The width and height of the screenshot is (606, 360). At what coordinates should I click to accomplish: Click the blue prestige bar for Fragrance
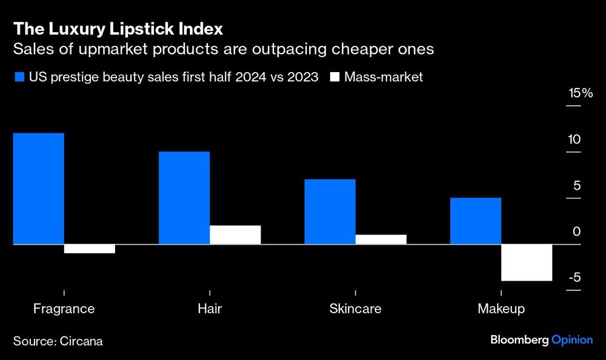38,188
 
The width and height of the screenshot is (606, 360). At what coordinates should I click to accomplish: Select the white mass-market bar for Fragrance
89,248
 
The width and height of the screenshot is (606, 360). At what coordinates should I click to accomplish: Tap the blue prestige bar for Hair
184,198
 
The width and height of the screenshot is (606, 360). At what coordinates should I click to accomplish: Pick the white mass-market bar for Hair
235,235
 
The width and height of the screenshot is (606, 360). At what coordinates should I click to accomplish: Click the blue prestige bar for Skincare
330,212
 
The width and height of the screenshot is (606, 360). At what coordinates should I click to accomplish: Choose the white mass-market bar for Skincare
381,239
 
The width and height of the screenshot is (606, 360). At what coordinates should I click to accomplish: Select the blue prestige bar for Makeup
475,221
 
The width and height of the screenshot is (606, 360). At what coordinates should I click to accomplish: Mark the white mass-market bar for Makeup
527,262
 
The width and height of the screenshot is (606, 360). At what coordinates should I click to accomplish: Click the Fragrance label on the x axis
64,308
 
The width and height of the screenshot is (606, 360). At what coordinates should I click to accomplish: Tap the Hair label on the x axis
210,308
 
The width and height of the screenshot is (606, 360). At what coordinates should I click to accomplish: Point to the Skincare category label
355,308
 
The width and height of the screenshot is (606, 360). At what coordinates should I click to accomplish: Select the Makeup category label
501,308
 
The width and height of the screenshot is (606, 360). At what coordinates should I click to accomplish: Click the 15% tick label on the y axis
580,93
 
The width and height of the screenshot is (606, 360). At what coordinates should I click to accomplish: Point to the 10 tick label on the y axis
574,139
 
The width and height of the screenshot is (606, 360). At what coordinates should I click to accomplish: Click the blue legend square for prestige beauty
18,77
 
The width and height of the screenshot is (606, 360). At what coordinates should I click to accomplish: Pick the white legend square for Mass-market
335,77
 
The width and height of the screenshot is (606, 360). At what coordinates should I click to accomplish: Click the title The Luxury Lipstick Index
118,28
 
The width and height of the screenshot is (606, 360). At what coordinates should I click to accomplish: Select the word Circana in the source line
81,341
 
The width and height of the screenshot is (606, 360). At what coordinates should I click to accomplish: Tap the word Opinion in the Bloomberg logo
571,340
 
